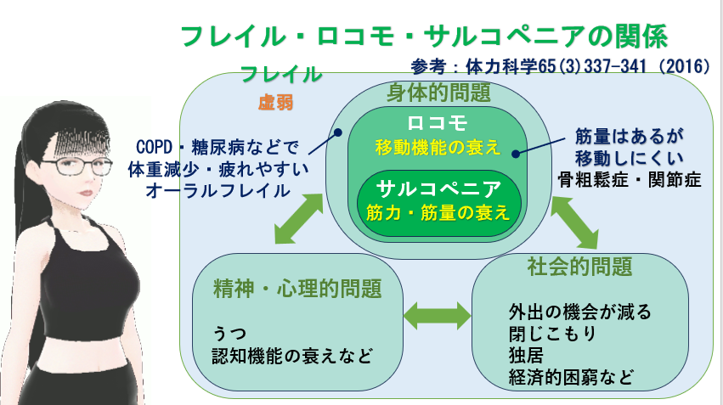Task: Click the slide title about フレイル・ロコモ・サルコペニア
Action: [423, 37]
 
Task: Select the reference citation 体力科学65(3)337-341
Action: [560, 66]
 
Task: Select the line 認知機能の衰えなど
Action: [293, 354]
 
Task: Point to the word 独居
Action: [523, 353]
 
